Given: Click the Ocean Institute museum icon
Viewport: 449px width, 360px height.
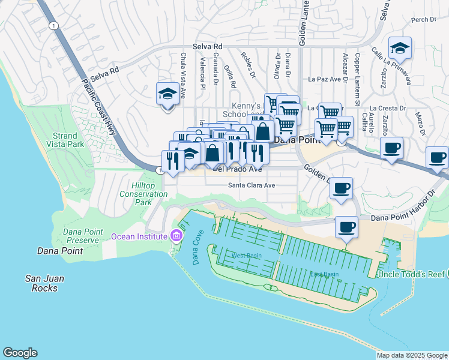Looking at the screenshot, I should (176, 236).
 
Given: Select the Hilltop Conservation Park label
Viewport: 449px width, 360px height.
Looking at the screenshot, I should (143, 194).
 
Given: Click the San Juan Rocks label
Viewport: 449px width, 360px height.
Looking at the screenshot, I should (44, 283).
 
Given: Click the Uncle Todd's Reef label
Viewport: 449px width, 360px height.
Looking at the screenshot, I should (410, 274).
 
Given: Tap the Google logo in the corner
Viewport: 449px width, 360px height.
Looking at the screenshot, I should (20, 353).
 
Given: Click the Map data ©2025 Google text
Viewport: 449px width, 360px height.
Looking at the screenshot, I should (412, 355).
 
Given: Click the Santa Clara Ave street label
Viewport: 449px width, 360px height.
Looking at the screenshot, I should (251, 185).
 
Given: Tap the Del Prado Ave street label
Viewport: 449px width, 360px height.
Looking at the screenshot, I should (237, 170).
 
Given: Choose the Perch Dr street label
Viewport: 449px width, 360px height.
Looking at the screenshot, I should (424, 20).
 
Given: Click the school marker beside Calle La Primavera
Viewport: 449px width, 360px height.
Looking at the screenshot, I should (399, 48).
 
